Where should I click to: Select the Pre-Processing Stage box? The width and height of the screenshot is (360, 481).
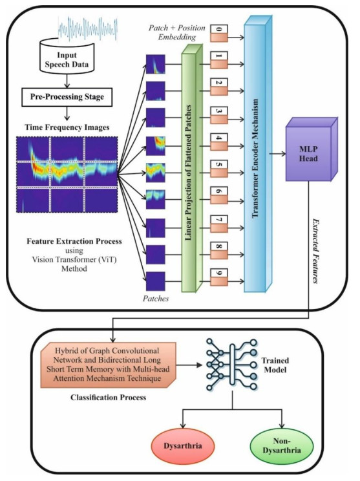coord(67,97)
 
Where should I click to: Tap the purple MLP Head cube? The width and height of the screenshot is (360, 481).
coord(312,149)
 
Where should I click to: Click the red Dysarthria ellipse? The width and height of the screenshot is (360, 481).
coord(183,445)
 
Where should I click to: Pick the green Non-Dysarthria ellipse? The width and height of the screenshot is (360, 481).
coord(282,445)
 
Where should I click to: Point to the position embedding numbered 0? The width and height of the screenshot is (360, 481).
coord(219,34)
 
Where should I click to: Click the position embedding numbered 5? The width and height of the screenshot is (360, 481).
coord(219,168)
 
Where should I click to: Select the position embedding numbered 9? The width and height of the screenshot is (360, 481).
coord(219,277)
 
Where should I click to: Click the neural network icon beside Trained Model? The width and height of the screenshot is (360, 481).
coord(231,365)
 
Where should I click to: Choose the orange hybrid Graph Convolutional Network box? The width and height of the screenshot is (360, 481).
coord(109,365)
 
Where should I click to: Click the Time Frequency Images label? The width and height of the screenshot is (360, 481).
coord(67,127)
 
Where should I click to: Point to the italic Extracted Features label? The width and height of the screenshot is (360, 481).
coord(315,251)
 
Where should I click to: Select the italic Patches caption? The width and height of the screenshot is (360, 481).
coord(156,299)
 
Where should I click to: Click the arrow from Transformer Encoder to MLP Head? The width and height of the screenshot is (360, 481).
coord(277,154)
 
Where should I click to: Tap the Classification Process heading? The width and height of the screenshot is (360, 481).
coord(108,398)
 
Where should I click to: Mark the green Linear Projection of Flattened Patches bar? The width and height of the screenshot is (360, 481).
coord(192,168)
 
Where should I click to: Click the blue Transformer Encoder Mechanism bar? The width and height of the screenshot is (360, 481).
coord(258,153)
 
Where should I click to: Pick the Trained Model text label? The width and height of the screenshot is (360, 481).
coord(275,365)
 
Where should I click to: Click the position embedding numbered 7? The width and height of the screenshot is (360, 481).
coord(219,224)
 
